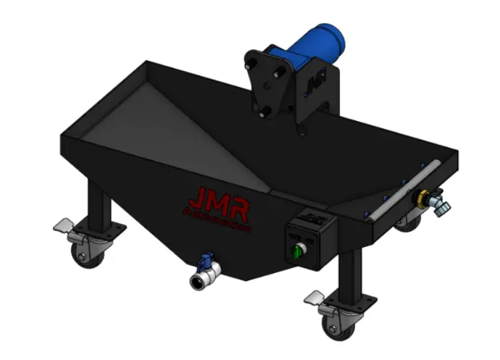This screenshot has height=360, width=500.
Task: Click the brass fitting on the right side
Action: coord(420,198)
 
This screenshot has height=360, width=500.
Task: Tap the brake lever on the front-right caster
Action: coord(316,296)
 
